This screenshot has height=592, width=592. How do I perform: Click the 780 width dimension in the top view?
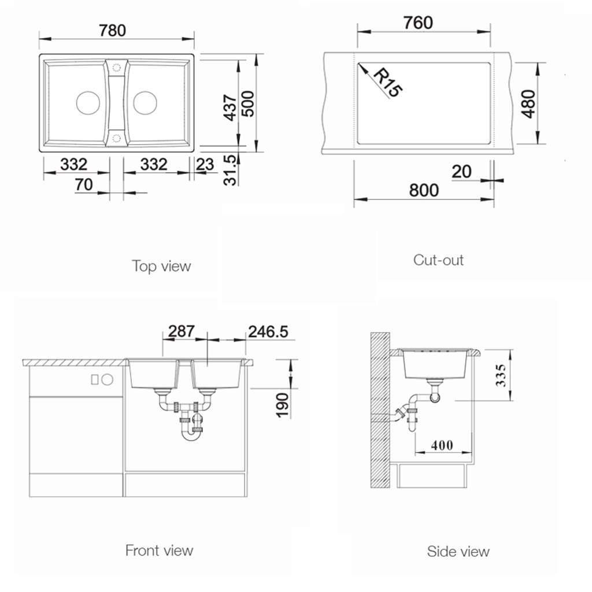pos(113,31)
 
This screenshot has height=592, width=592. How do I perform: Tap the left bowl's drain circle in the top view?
pos(88,103)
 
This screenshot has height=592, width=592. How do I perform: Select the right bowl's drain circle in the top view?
pos(145,103)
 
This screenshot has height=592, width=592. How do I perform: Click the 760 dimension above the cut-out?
pos(418,23)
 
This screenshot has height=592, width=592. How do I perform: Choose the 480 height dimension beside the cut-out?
pos(528,104)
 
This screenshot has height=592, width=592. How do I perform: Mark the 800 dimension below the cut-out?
pos(424,190)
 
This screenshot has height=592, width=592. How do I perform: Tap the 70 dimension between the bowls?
pos(84,184)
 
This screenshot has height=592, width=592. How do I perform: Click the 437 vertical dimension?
pos(230,108)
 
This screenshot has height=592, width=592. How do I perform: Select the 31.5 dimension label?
pos(230,170)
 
